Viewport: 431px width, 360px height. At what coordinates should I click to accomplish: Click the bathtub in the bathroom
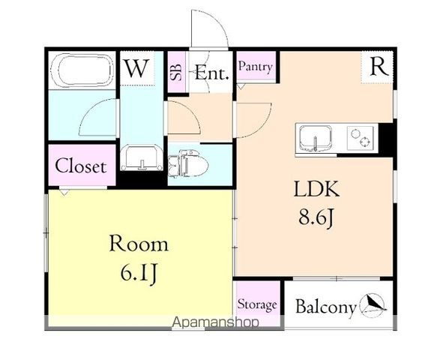point(82,70)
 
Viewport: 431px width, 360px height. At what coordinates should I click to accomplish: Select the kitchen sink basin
point(316,138)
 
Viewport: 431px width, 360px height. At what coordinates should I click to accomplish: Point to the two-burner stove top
point(361,138)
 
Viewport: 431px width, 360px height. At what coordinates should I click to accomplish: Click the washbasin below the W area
point(142,158)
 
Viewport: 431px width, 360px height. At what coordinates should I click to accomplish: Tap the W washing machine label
point(136,68)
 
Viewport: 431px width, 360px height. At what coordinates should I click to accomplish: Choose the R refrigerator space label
point(379,67)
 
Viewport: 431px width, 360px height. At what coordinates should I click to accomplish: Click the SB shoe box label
point(176,72)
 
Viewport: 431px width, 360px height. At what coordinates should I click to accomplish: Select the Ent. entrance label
point(211,73)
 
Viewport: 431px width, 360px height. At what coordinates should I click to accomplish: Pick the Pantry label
point(256,67)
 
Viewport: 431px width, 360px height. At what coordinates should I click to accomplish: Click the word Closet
point(81,166)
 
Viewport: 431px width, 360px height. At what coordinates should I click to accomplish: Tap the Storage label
point(257,304)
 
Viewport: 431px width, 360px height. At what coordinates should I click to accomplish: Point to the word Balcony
point(326,307)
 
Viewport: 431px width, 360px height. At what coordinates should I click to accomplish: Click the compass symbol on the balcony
point(373,304)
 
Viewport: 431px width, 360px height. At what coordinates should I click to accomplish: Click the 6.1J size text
point(139,274)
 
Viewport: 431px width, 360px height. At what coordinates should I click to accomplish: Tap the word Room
point(139,244)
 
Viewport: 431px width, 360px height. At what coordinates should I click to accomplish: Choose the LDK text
point(316,189)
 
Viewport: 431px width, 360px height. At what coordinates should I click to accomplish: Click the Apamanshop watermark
point(215,322)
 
